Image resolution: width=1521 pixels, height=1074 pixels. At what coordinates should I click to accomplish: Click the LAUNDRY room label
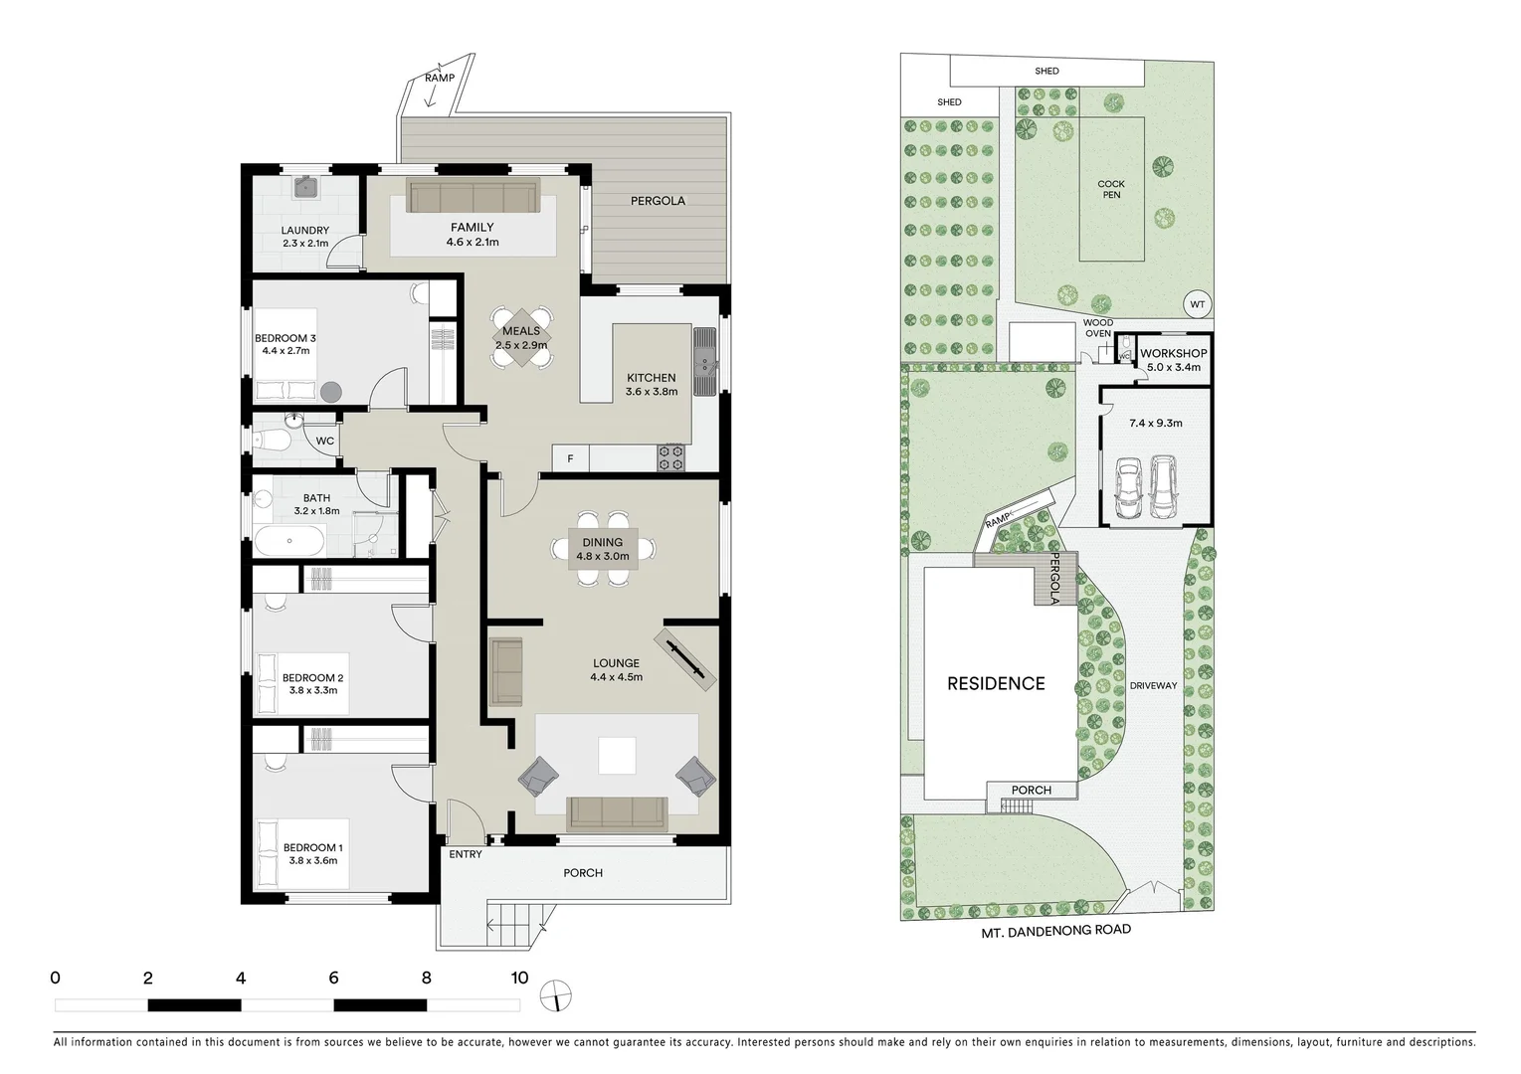(x=304, y=231)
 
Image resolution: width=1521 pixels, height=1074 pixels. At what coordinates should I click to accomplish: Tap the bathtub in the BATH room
(x=288, y=542)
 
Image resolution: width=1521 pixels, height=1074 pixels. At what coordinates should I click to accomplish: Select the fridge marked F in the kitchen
(x=570, y=458)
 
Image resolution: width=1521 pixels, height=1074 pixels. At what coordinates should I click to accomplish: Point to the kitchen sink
(x=704, y=362)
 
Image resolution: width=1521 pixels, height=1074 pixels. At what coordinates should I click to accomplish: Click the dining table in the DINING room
(x=603, y=549)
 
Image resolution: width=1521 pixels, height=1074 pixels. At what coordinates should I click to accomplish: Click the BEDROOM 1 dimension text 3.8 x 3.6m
(x=312, y=860)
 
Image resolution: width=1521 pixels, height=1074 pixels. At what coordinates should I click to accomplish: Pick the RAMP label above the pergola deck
(x=439, y=78)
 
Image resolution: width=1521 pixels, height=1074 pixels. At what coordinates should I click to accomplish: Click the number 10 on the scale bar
(x=519, y=978)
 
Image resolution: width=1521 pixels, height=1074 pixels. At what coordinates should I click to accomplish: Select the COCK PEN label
(x=1111, y=189)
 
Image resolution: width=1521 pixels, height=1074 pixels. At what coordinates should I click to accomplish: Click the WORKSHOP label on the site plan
(x=1174, y=353)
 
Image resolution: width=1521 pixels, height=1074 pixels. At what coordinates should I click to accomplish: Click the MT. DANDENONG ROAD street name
(x=1055, y=931)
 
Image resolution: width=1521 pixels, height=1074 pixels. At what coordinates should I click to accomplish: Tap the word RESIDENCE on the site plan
(x=996, y=683)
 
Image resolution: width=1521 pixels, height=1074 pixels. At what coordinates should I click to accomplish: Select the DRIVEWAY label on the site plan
(x=1153, y=685)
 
